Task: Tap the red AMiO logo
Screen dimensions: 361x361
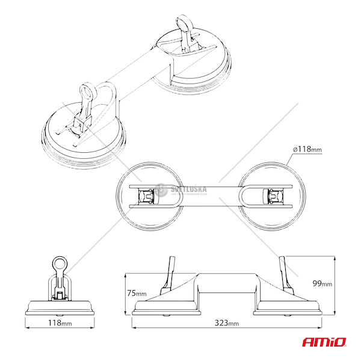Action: point(324,342)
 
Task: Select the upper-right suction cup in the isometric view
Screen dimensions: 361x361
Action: point(193,63)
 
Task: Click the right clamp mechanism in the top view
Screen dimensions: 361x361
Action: point(274,195)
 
